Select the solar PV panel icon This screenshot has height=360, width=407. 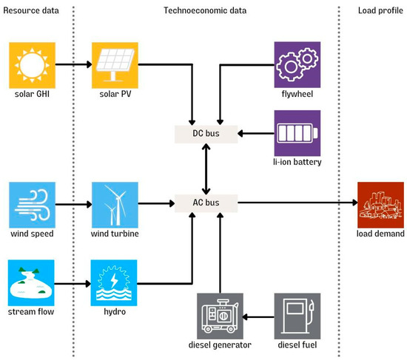pyautogui.click(x=112, y=64)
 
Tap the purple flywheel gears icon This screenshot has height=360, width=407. pyautogui.click(x=297, y=64)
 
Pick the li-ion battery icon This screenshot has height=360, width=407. pyautogui.click(x=297, y=133)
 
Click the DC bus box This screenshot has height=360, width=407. pyautogui.click(x=206, y=134)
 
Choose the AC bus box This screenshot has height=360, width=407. pyautogui.click(x=206, y=202)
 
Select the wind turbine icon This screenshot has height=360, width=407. pyautogui.click(x=112, y=202)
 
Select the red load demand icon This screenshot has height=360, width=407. pyautogui.click(x=380, y=202)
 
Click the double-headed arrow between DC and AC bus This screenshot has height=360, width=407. pyautogui.click(x=206, y=168)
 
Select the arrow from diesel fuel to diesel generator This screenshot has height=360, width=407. pyautogui.click(x=259, y=316)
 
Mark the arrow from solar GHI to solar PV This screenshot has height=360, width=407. pyautogui.click(x=71, y=64)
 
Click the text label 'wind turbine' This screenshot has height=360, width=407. pyautogui.click(x=112, y=234)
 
